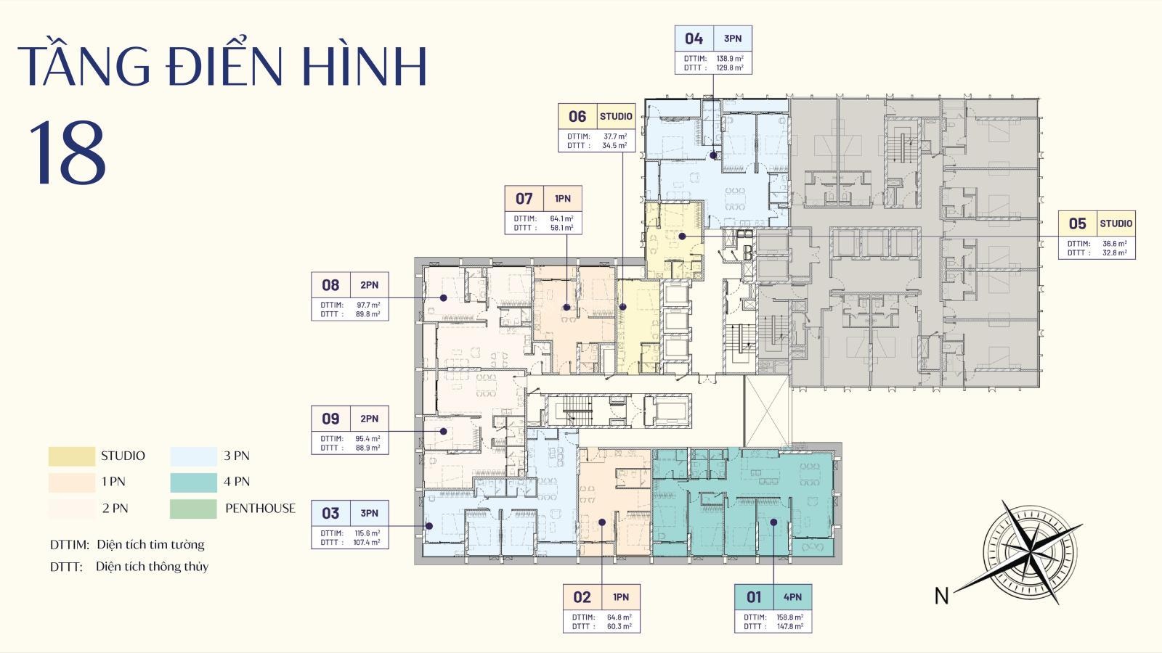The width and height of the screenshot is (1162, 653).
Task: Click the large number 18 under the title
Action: [67, 154]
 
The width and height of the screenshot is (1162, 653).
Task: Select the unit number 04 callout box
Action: [694, 38]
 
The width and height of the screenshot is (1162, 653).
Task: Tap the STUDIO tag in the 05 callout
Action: [1116, 223]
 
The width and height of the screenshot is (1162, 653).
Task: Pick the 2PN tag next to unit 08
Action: [369, 285]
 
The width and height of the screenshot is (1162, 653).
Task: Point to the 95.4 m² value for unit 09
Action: [367, 439]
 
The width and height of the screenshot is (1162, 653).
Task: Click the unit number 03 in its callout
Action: [330, 513]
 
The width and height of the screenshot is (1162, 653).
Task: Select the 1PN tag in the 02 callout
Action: [621, 597]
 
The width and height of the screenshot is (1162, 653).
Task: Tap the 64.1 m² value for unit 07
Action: [561, 218]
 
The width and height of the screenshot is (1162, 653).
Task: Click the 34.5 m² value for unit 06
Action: [614, 145]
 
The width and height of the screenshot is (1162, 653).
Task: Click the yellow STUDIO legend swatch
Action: [71, 456]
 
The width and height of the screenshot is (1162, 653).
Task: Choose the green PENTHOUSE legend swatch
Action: [193, 508]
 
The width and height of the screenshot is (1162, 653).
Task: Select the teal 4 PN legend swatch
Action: [193, 482]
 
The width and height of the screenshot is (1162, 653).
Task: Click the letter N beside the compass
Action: [941, 596]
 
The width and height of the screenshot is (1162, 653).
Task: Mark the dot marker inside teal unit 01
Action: [774, 522]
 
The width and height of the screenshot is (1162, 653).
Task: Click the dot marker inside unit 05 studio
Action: [682, 236]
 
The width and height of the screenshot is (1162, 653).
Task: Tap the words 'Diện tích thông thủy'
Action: [152, 567]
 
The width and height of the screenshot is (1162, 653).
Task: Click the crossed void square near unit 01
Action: [766, 411]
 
